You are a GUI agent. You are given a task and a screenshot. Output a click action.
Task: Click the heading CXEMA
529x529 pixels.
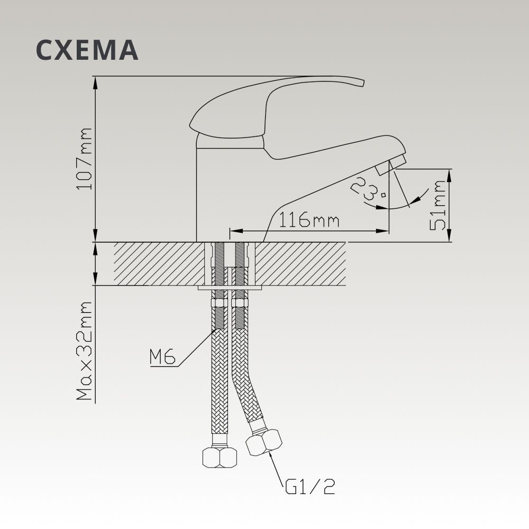[x=87, y=50]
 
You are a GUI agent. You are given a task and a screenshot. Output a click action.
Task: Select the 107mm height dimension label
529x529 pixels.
[x=84, y=159]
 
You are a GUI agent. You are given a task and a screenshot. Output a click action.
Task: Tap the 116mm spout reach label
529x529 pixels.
[x=309, y=220]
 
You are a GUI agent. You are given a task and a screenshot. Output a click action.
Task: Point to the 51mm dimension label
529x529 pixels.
[x=438, y=205]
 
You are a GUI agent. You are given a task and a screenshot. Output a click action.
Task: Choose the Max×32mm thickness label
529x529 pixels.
[x=84, y=351]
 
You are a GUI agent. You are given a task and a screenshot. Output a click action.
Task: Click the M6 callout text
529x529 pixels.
[x=162, y=357]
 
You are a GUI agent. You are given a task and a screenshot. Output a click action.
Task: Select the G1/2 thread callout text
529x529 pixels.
[x=310, y=487]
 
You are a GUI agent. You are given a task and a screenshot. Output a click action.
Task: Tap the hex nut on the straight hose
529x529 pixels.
[x=220, y=457]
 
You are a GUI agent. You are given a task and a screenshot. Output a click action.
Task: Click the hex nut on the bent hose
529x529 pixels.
[x=264, y=442]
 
